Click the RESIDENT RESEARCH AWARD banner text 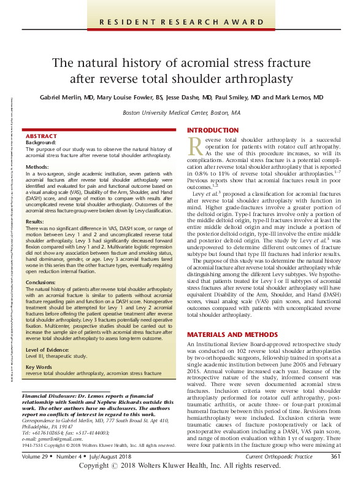pos(180,23)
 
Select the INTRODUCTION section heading pos(212,131)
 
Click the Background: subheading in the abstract pos(41,142)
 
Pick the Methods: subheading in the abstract pos(38,167)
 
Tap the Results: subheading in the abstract pos(36,221)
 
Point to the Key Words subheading pos(39,367)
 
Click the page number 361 pos(335,456)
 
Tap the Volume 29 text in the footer pos(31,456)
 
